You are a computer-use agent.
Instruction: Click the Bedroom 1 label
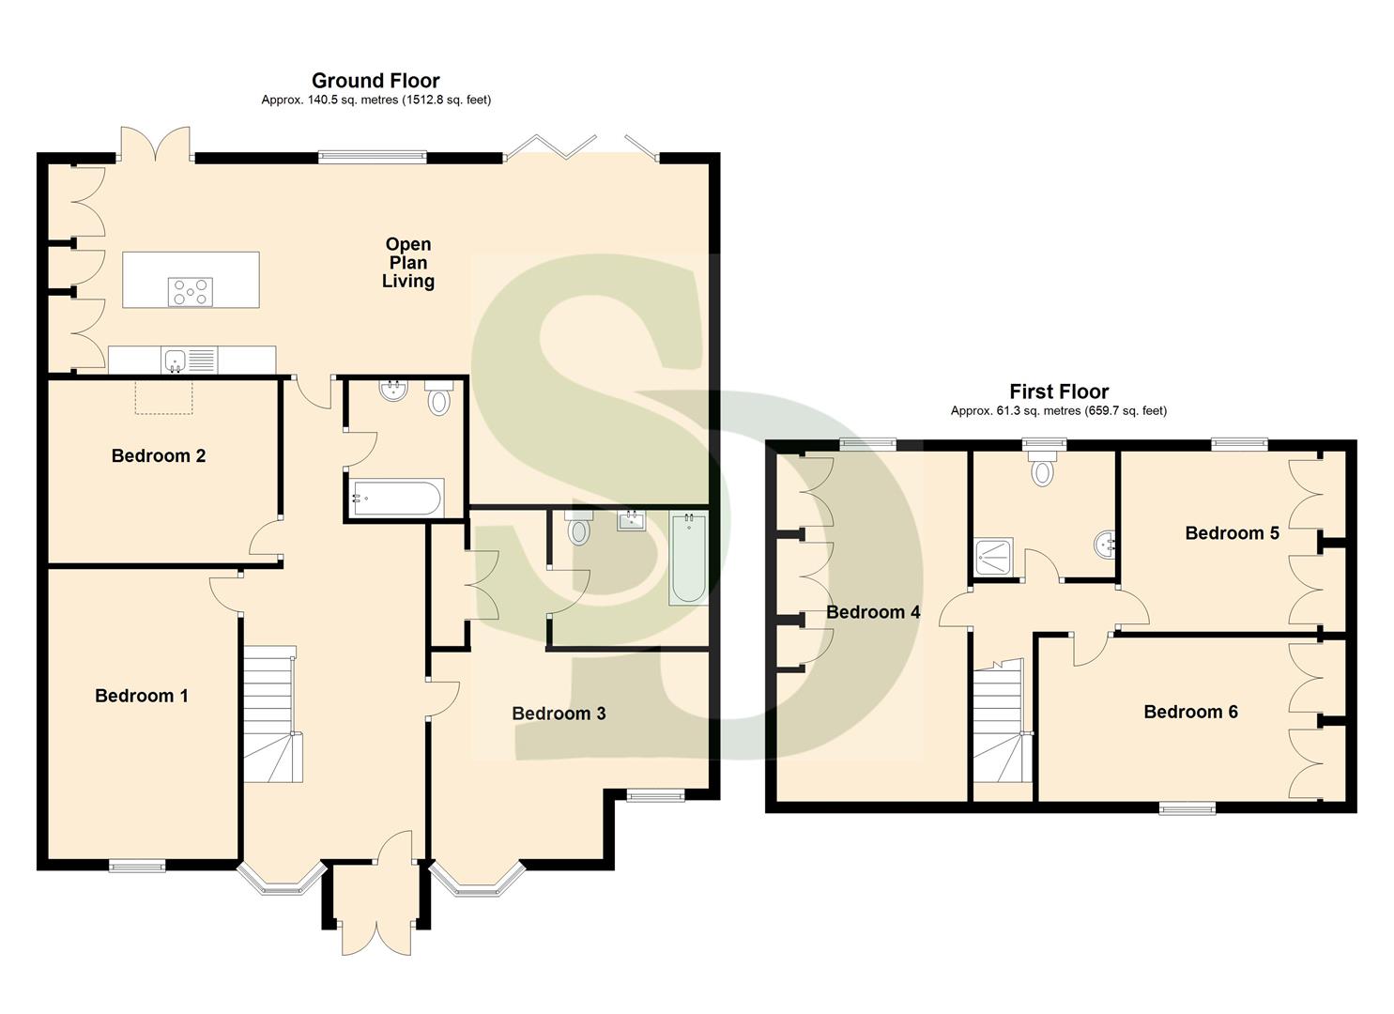(142, 696)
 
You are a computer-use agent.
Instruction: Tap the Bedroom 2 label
(158, 456)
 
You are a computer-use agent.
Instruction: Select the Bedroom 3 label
(559, 714)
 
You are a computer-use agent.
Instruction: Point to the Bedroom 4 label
(873, 612)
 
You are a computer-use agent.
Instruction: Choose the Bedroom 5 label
(1232, 533)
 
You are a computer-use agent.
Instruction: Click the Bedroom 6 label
(1190, 712)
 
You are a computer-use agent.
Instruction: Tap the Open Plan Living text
(408, 263)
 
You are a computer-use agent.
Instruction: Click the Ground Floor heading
(375, 81)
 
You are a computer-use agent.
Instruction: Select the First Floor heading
(1059, 392)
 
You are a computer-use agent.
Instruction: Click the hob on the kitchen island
(191, 292)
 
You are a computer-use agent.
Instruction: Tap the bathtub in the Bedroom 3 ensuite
(688, 559)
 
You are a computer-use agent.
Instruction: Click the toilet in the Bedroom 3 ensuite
(579, 529)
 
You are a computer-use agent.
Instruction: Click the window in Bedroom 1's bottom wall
(137, 866)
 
